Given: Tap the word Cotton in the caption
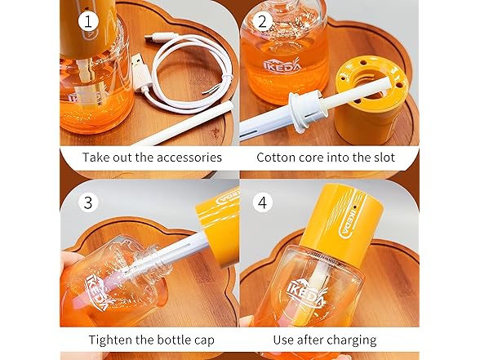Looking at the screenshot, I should point(278,158).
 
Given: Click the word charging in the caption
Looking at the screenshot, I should point(351,339).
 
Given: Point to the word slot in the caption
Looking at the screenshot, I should point(383,158).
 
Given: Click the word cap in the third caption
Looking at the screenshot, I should point(202,339).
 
